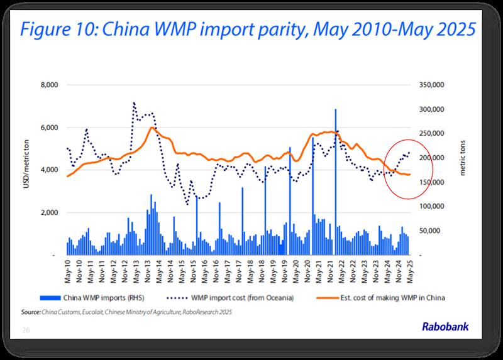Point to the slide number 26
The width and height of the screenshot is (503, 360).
(x=26, y=329)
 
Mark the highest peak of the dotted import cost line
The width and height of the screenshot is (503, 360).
(x=134, y=102)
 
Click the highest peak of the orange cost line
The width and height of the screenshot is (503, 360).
(x=152, y=128)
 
